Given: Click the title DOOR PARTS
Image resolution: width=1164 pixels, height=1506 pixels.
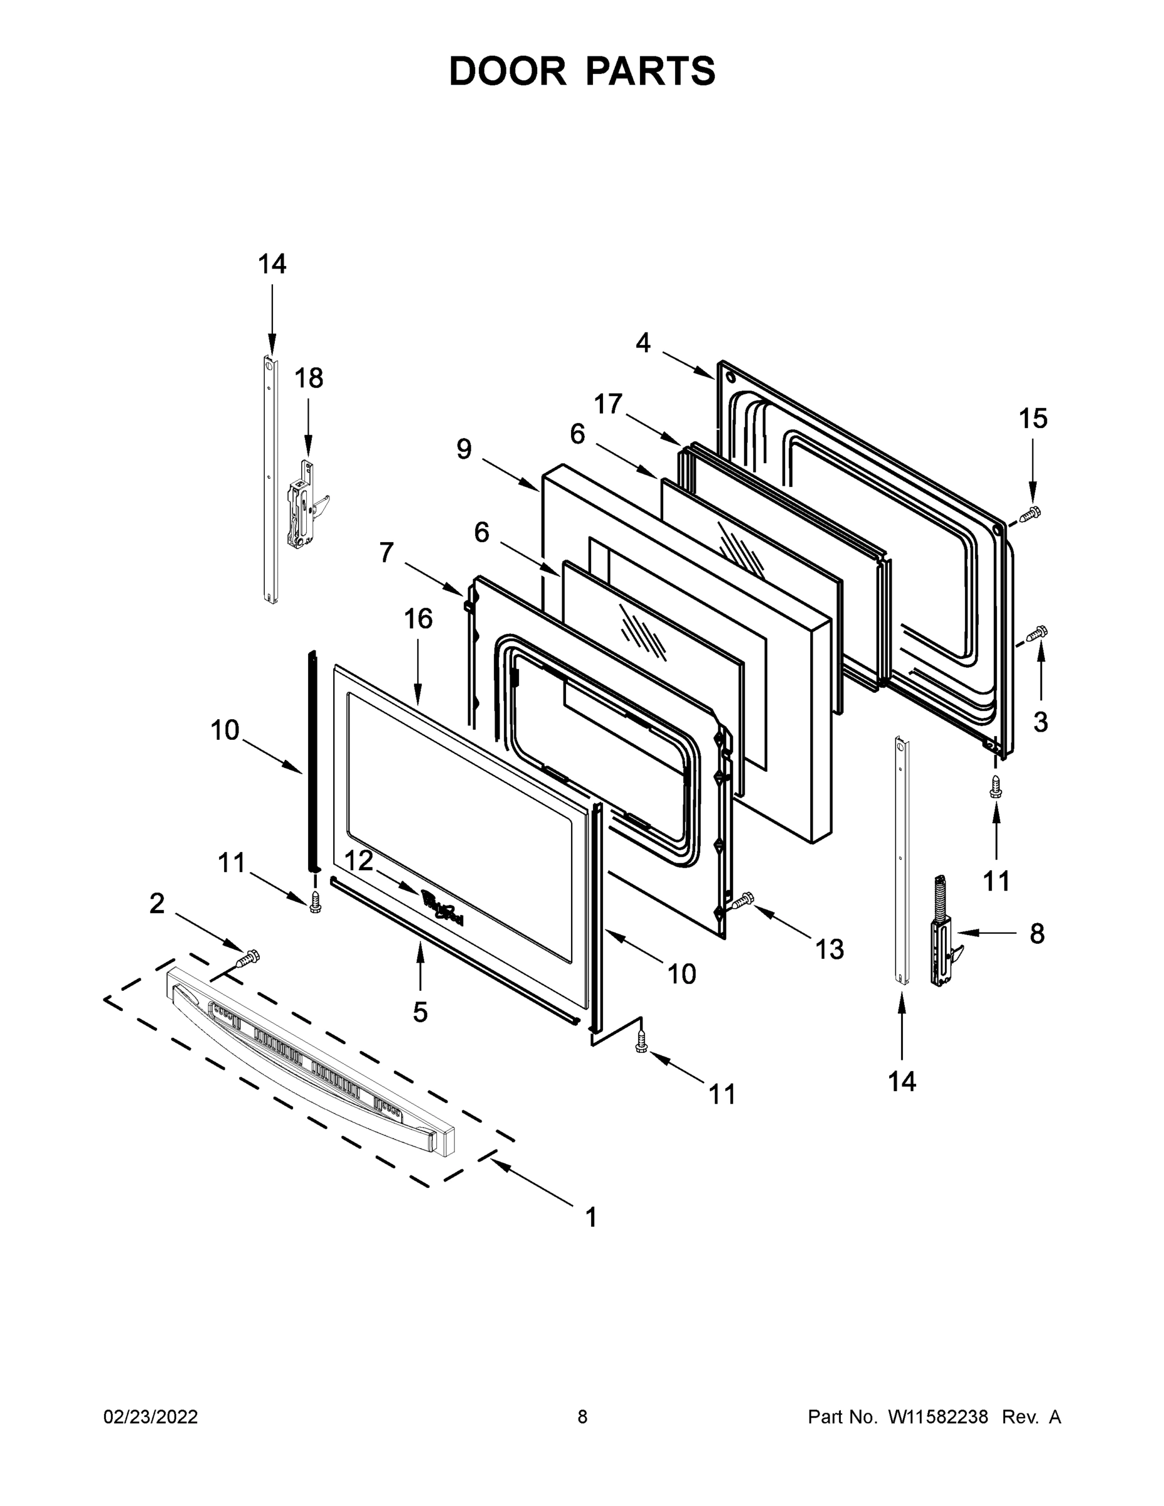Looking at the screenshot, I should coord(582,71).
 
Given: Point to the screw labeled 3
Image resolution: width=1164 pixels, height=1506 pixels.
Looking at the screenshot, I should coord(1037,633).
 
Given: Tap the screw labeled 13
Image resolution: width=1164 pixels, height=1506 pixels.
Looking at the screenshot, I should coord(744,900).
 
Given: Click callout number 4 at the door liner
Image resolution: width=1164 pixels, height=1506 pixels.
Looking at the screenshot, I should coord(643,343).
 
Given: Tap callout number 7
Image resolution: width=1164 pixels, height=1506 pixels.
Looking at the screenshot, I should coord(386,552).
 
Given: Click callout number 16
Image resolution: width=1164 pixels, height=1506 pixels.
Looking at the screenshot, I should coord(418,619).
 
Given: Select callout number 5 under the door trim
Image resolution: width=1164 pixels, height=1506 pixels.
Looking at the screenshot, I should coord(420,1012).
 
